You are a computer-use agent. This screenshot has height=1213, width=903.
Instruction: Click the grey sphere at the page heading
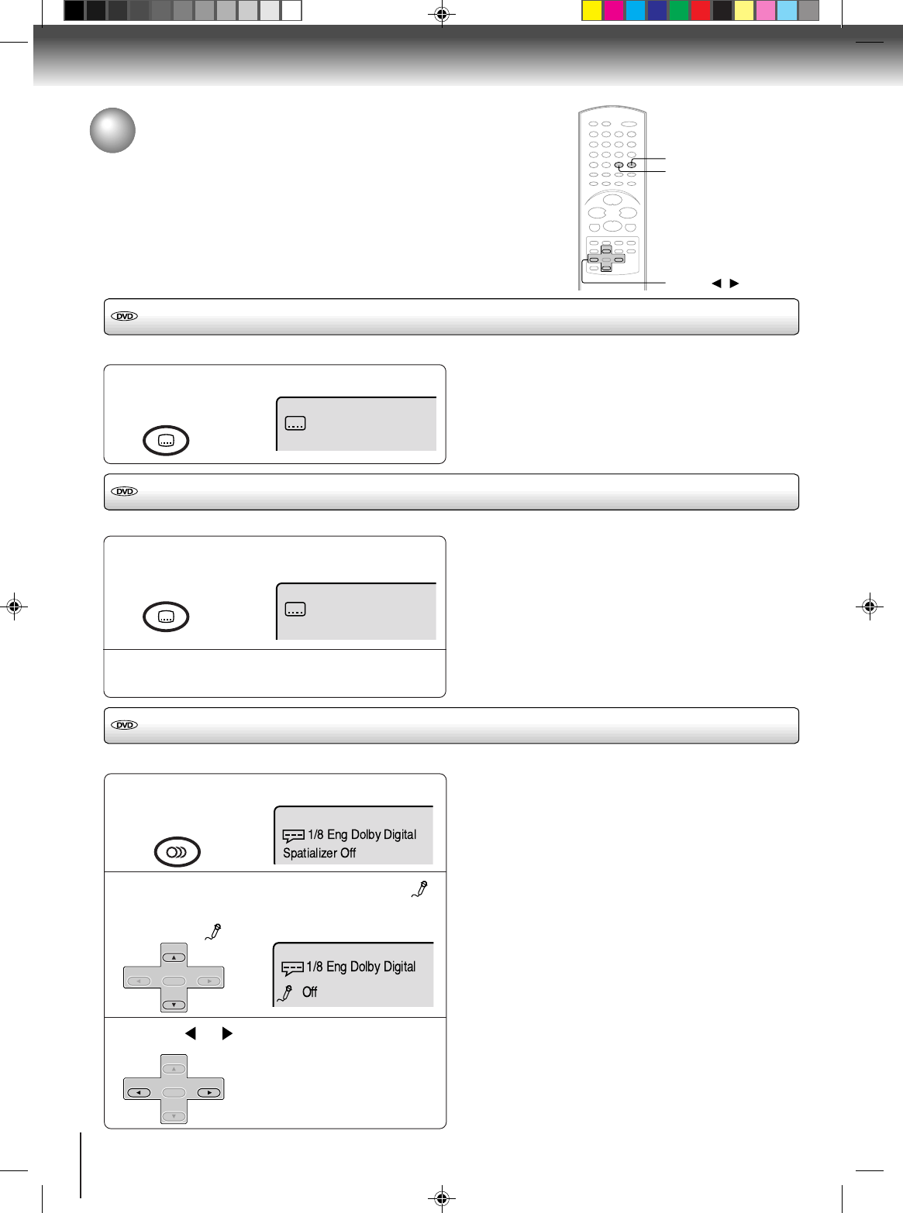click(x=112, y=130)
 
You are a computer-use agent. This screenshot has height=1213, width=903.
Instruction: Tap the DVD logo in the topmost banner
click(x=124, y=316)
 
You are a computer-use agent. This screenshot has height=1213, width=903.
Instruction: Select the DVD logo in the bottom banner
click(x=124, y=725)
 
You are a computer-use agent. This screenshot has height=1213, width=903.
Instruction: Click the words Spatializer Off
click(x=319, y=853)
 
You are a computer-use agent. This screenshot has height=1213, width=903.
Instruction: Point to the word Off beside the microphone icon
click(x=309, y=992)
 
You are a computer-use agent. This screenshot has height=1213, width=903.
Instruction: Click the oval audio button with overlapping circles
click(x=177, y=851)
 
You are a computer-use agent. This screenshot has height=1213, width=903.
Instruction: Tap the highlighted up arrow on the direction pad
click(x=174, y=957)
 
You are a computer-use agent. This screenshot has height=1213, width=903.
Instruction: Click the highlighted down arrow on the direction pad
click(x=174, y=1005)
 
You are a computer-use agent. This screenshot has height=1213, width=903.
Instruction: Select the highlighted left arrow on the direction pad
click(x=139, y=1092)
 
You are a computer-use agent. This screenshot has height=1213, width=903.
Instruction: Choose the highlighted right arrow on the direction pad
click(x=209, y=1092)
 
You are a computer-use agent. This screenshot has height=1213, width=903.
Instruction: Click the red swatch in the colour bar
click(x=700, y=11)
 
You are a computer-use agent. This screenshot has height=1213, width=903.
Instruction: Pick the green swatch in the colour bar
click(x=678, y=11)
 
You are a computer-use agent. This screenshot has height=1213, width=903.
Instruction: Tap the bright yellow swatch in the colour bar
click(x=592, y=11)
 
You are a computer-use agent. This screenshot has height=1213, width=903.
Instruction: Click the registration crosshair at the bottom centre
click(x=441, y=1198)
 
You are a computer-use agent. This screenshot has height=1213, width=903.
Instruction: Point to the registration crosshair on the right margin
click(x=870, y=606)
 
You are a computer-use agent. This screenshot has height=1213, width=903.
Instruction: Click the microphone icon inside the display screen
click(x=285, y=993)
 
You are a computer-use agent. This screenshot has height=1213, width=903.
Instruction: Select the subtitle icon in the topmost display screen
click(x=295, y=424)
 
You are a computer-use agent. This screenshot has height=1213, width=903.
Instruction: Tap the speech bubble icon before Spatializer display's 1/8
click(x=293, y=837)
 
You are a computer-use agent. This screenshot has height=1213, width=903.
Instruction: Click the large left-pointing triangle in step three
click(x=191, y=1033)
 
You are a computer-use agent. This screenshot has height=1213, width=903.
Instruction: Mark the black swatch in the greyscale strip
click(x=74, y=11)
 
